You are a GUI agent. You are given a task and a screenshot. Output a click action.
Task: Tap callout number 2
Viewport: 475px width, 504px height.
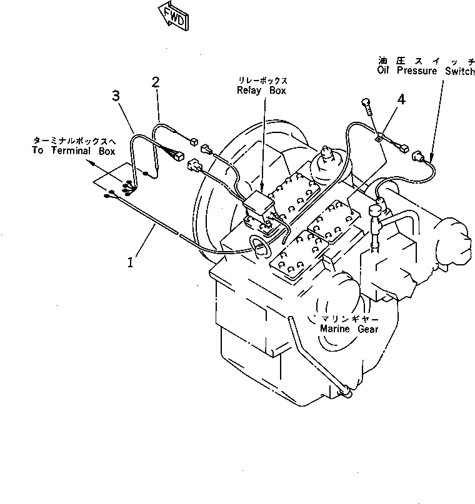(x=155, y=82)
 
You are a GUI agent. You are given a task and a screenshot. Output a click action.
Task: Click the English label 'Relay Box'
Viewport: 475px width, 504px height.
(x=261, y=91)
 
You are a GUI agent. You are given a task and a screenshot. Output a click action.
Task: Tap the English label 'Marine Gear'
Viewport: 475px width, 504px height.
(x=349, y=329)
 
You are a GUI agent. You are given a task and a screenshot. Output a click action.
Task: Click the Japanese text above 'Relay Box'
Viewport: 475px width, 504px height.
(x=262, y=81)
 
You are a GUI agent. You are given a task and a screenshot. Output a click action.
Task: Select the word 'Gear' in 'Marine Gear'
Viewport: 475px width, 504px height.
(x=367, y=329)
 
